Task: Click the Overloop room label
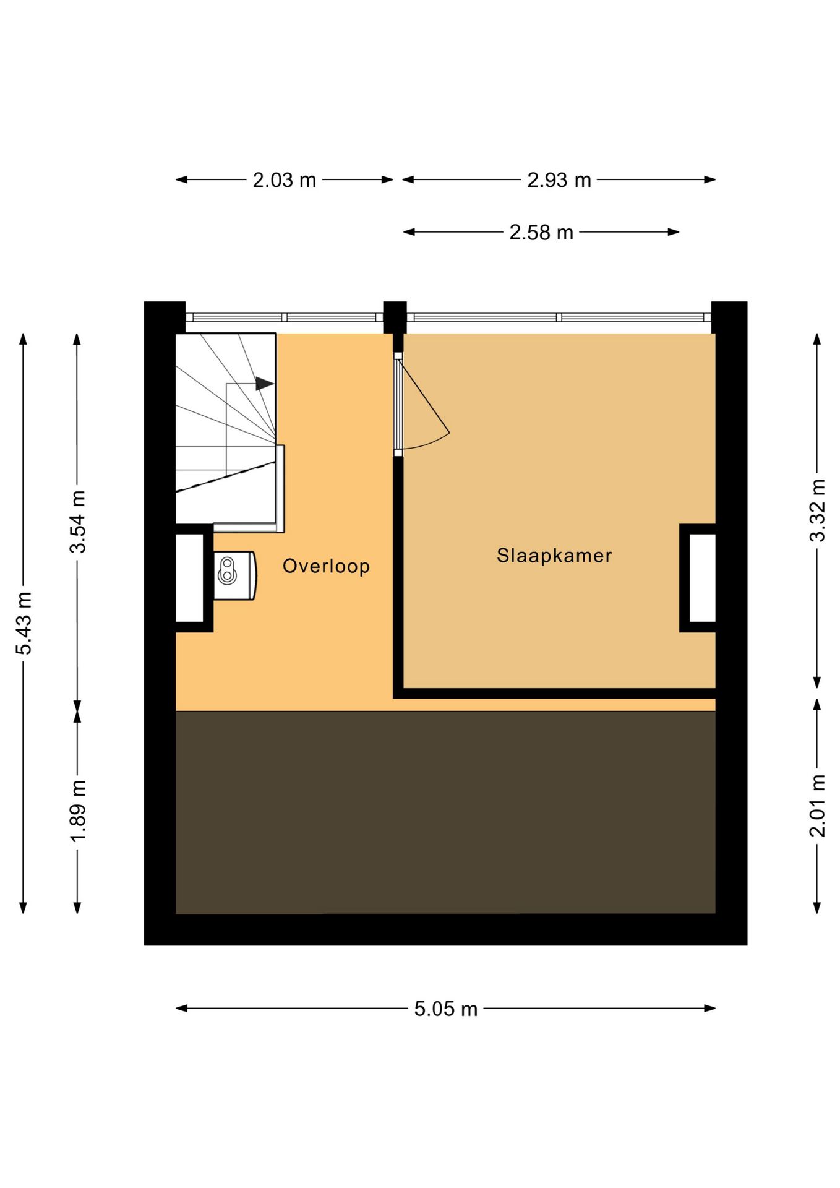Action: [x=326, y=566]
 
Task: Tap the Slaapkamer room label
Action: [x=554, y=556]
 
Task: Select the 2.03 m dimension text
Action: [x=285, y=180]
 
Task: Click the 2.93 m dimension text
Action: [x=559, y=180]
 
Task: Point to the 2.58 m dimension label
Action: [x=541, y=233]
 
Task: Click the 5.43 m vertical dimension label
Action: [x=24, y=623]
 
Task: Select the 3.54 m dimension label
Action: [x=78, y=522]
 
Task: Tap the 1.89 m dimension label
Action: [x=78, y=811]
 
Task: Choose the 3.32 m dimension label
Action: [x=818, y=510]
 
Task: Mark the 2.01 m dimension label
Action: [x=818, y=806]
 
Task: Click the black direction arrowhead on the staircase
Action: [x=265, y=384]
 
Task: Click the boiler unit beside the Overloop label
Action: [x=235, y=575]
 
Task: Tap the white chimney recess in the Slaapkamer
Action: [x=703, y=578]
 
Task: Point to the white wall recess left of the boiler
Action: [x=190, y=578]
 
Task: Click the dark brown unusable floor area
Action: [x=445, y=812]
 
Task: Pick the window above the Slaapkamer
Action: [x=559, y=317]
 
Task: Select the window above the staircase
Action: [x=285, y=317]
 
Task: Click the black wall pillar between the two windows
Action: [x=395, y=317]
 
